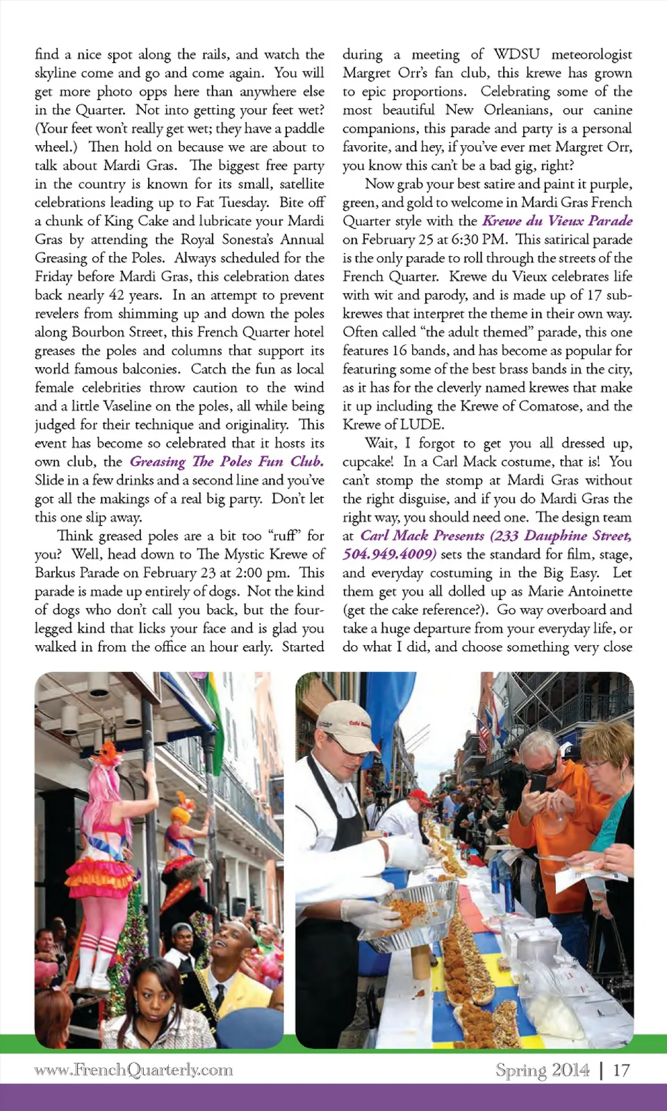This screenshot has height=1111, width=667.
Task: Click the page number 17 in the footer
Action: click(621, 1070)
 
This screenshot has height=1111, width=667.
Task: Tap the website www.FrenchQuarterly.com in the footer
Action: click(133, 1070)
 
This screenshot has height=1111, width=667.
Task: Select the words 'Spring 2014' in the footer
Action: click(542, 1070)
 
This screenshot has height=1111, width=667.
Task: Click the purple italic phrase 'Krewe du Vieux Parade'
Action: click(557, 221)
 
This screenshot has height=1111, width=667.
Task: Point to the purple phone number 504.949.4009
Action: click(389, 554)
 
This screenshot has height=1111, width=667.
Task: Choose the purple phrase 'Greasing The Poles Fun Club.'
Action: click(227, 462)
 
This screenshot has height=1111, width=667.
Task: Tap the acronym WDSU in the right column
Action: click(516, 54)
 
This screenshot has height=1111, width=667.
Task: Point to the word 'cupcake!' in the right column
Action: click(368, 462)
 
